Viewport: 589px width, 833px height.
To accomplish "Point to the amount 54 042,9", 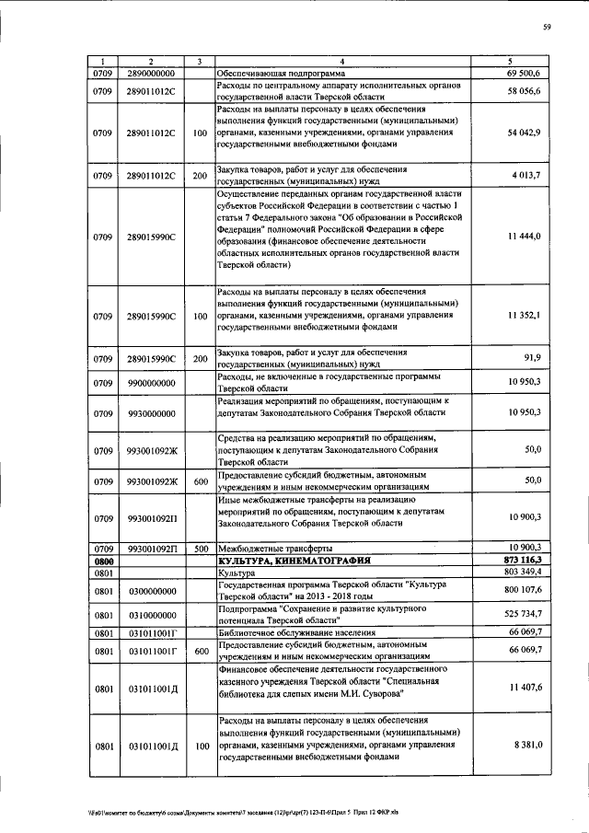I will coord(529,133).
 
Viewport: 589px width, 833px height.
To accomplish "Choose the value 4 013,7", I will coord(532,175).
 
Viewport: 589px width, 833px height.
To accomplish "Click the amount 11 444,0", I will coord(529,237).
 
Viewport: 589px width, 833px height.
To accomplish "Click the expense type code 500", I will coord(200,548).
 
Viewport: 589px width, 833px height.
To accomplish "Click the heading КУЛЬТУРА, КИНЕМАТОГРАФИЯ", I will coord(294,560).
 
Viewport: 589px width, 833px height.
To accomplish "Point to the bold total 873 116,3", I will coord(527,560).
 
